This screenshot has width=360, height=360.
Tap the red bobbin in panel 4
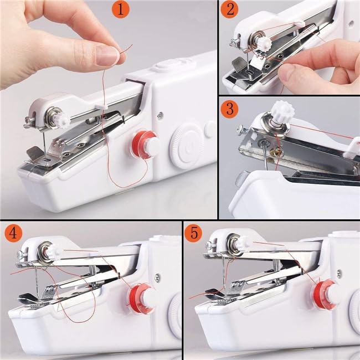141,299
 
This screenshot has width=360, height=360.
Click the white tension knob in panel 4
53,252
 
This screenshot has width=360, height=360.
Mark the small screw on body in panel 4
158,277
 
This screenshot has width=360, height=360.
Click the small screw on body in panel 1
160,115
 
